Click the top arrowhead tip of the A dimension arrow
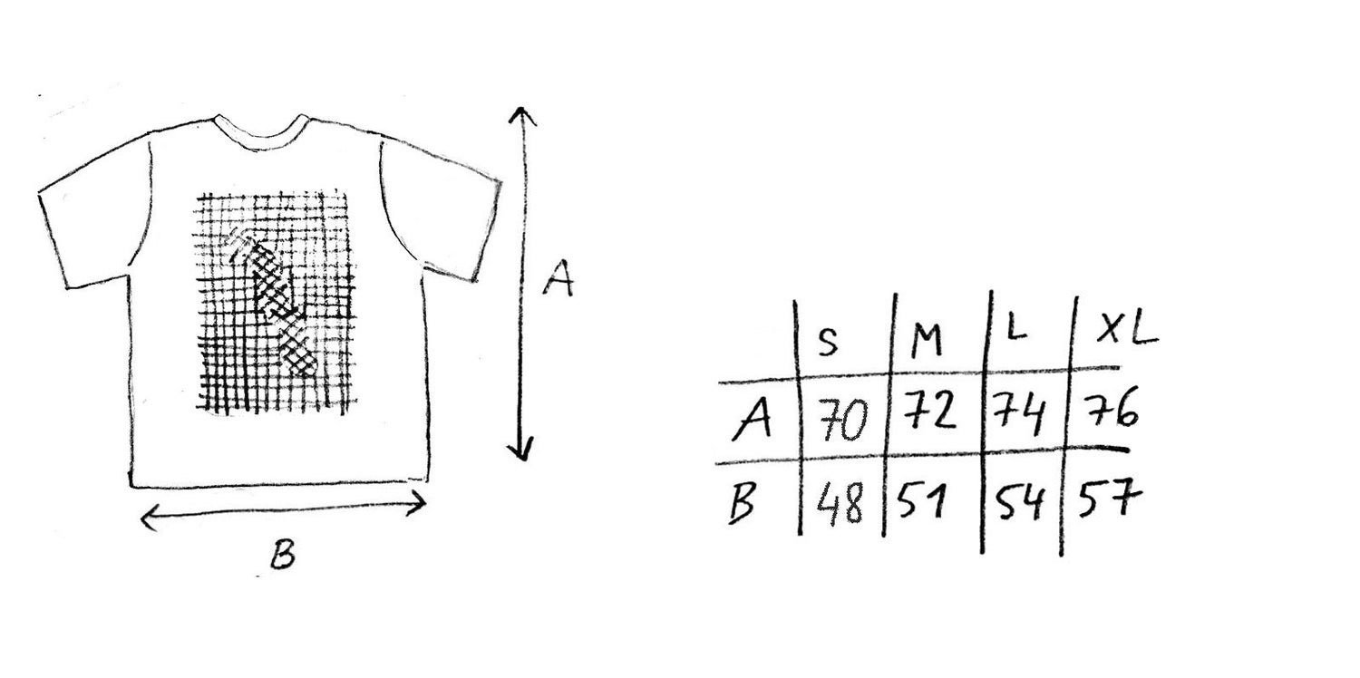pos(521,108)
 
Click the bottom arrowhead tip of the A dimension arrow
pos(522,460)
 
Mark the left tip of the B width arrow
pos(141,519)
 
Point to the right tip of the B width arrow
pos(426,502)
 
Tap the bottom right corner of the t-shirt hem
pos(429,480)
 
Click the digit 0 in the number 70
pos(854,421)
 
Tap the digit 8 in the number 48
pos(852,505)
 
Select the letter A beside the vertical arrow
pos(559,278)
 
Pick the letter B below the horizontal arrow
pos(282,554)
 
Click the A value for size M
pos(928,411)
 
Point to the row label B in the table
pos(742,502)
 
